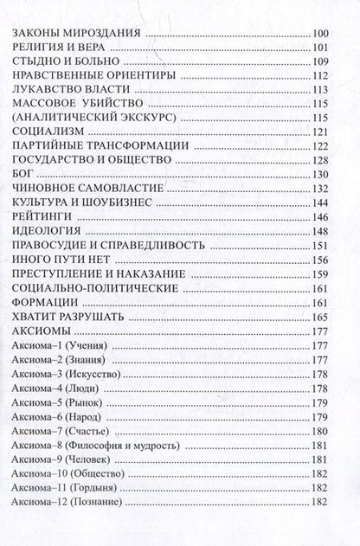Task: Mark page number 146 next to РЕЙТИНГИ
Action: (320, 229)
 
